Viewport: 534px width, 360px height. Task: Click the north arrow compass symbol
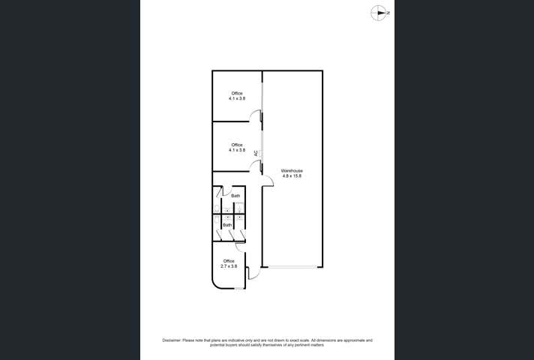(380, 12)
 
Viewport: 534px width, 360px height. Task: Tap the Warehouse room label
(292, 171)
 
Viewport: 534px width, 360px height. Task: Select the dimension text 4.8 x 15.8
(292, 176)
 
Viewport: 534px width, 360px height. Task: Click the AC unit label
(256, 154)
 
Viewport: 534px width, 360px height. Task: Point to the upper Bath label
(235, 196)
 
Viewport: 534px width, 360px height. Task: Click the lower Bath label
(227, 225)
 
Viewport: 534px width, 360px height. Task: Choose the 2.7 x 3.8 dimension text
(229, 266)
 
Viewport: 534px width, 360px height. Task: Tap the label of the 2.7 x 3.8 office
(229, 261)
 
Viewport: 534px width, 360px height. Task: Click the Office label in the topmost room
(237, 93)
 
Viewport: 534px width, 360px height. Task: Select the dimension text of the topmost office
(237, 98)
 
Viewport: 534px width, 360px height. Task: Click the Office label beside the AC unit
(237, 145)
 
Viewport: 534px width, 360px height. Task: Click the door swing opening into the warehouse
(267, 178)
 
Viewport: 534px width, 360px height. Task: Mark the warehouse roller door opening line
(292, 266)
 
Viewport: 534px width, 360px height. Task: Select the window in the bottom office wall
(239, 289)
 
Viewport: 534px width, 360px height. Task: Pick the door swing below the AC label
(257, 166)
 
